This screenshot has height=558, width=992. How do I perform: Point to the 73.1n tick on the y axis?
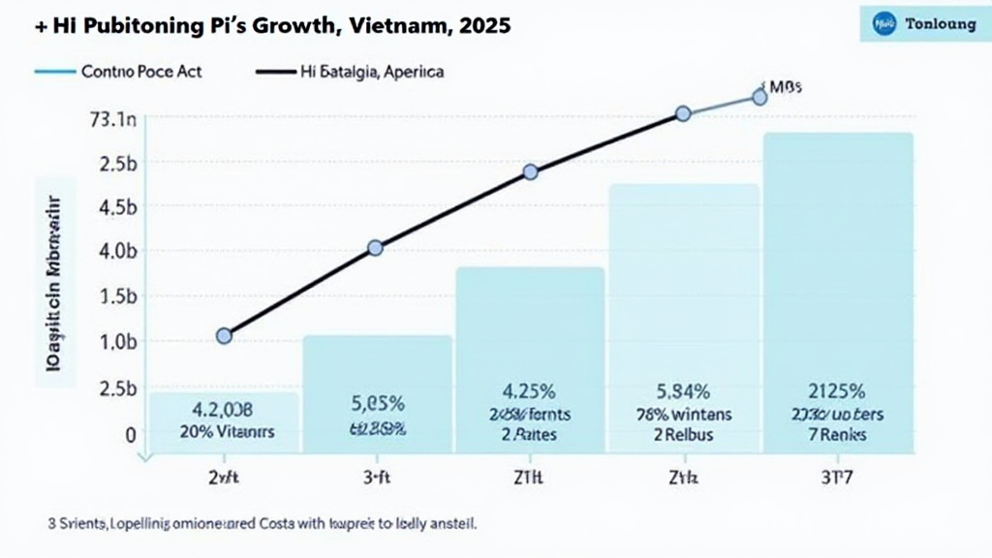pos(113,120)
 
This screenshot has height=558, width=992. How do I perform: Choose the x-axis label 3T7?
pos(836,477)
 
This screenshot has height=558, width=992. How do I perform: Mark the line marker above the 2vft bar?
pos(224,335)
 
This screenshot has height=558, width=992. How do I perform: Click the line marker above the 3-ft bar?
pos(376,248)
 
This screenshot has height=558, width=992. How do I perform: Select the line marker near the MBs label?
pos(759,97)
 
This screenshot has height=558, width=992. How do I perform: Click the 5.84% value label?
pos(682,392)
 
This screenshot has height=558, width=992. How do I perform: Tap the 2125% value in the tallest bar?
pos(837,392)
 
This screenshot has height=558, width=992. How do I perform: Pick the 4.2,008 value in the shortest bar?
pos(222,409)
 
